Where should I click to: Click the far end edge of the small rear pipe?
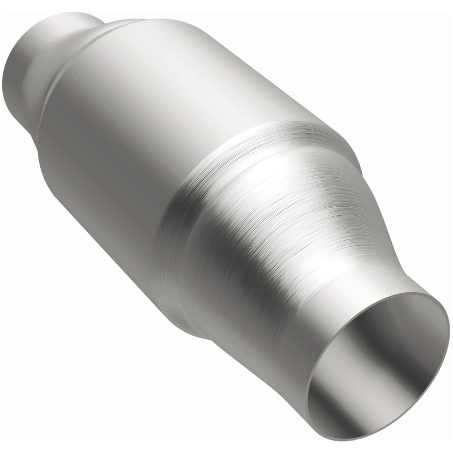tap(17, 62)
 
